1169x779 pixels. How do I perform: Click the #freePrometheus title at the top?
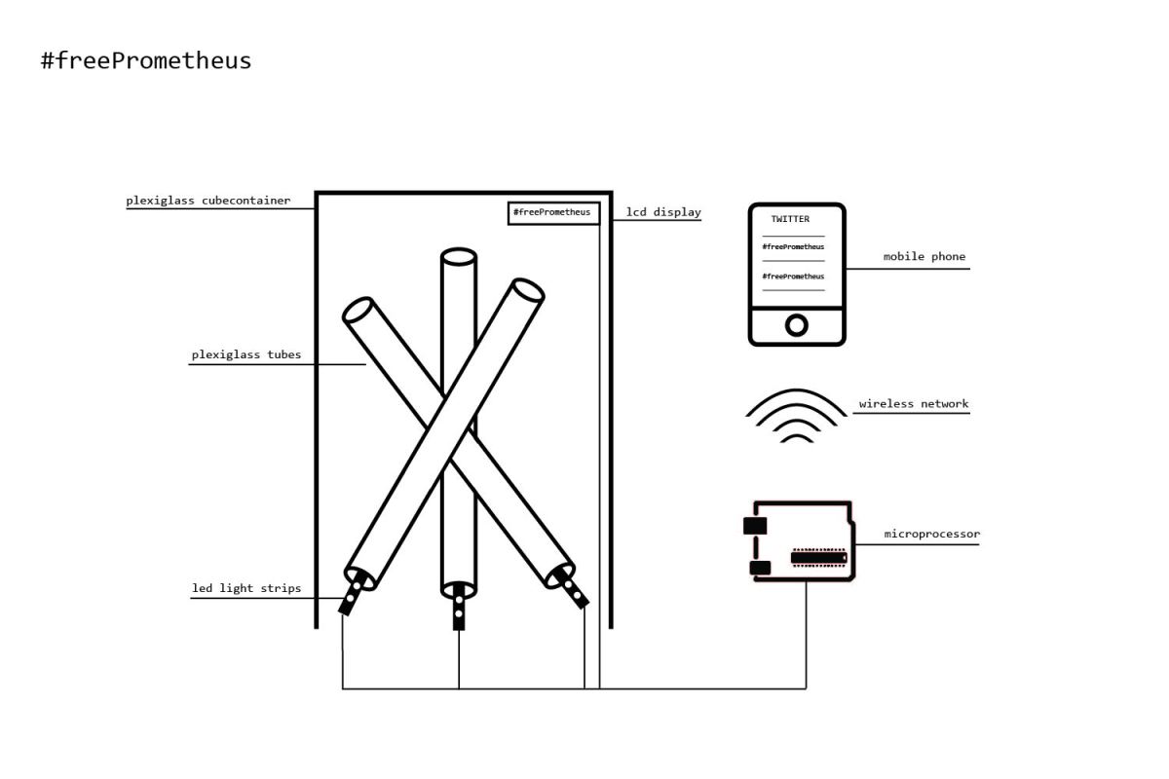point(146,60)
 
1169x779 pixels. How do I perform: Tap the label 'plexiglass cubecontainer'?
point(207,202)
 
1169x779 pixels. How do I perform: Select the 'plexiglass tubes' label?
point(245,355)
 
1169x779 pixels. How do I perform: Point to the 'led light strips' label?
point(246,588)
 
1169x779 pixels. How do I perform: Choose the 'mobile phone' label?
point(924,257)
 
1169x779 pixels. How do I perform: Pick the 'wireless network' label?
point(913,404)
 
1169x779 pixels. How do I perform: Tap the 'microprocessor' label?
point(931,535)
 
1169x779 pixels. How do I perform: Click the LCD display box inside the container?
point(551,212)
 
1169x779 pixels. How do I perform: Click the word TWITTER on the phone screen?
point(790,219)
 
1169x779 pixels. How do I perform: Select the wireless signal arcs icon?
point(796,417)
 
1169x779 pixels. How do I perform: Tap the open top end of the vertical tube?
point(458,257)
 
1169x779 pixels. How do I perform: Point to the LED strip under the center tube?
point(458,610)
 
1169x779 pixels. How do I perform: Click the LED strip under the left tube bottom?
point(352,595)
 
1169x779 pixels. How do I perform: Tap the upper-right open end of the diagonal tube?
point(527,290)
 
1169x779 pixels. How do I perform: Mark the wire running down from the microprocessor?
point(806,633)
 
